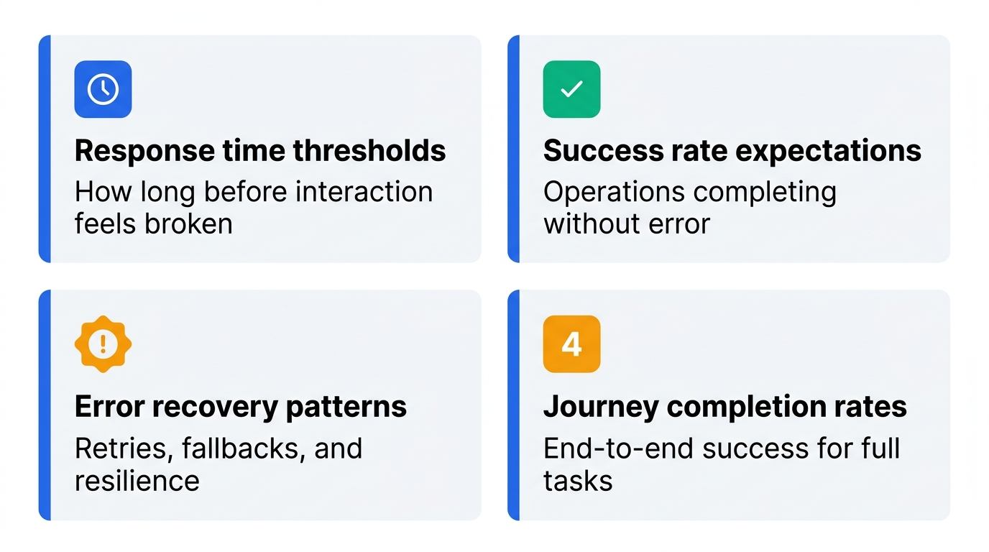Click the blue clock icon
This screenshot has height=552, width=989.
(x=103, y=89)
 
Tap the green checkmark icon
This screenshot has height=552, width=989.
(x=571, y=89)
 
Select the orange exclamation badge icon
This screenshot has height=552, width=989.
(x=103, y=344)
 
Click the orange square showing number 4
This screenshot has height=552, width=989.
(x=571, y=344)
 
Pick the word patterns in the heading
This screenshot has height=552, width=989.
(x=346, y=407)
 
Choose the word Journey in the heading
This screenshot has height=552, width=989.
(x=601, y=407)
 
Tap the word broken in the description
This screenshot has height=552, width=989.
(x=188, y=224)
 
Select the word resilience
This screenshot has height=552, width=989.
(x=137, y=480)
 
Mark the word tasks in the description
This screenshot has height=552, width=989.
(x=578, y=480)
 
